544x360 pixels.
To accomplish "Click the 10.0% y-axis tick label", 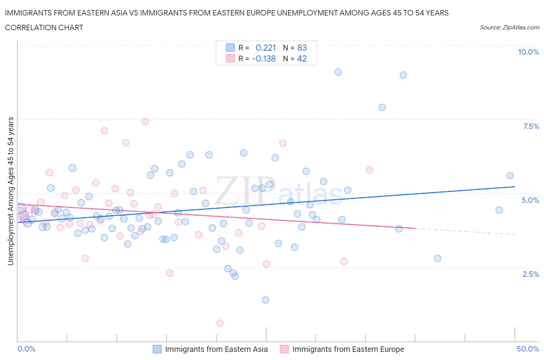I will coord(528,52).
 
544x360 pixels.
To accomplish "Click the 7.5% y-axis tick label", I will coord(530,126).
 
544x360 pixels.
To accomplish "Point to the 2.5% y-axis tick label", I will coord(530,274).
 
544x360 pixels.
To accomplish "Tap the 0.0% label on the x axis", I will coord(26,349).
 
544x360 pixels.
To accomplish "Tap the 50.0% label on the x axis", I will coord(527,349).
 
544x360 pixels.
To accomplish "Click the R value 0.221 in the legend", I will coord(265,48).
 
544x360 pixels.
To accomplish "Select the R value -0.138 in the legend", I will coord(263,58).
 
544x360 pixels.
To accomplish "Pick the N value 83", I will coord(302,48).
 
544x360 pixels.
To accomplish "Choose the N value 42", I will coord(302,58).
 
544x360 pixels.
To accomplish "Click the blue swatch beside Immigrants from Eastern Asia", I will coord(157,349).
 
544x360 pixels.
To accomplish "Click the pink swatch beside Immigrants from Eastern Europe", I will coord(284,349).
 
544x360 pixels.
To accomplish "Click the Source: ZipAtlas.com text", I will coord(509,27).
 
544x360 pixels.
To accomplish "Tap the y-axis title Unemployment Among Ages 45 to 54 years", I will coord(11,191).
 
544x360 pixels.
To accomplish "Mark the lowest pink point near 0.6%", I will coord(220,323).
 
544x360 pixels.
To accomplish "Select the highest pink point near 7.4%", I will coord(145,122).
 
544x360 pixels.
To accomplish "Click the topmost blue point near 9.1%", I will coord(338,72).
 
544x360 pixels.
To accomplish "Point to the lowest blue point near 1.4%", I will coord(265,300).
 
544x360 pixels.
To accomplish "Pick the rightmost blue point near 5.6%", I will coord(510,176).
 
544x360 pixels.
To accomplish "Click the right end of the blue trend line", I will coord(515,187).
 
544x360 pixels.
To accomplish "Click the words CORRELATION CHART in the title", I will coord(44,27).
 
